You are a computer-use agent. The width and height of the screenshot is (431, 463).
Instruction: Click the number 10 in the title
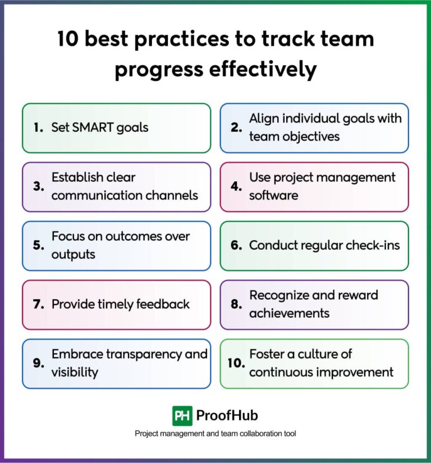point(70,39)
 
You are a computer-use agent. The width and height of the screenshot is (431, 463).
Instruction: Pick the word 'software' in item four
point(274,195)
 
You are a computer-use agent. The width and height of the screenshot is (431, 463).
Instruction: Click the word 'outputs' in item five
point(74,254)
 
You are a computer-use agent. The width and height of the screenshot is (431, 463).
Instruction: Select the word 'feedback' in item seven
point(163,304)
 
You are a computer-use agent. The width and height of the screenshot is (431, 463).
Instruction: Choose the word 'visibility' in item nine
point(75,372)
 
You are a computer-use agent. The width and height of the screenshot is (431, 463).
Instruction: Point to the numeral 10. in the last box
point(235,363)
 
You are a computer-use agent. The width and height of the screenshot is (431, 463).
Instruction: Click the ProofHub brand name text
point(227,416)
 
